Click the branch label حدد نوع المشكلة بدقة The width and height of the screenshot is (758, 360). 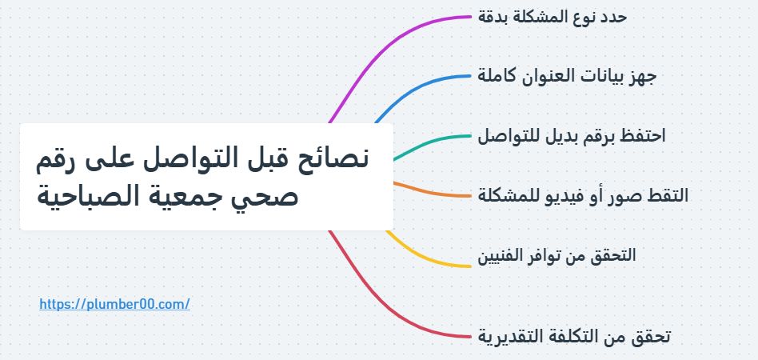click(x=552, y=17)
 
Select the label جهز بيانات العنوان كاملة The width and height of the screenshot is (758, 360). click(x=567, y=77)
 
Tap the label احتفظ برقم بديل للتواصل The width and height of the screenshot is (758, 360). click(x=572, y=136)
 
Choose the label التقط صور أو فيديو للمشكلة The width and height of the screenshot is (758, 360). click(x=583, y=195)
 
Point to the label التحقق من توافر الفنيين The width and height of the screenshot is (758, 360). click(x=557, y=255)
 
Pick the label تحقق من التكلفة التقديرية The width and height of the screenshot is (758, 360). click(x=574, y=336)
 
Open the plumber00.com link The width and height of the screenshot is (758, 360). click(x=114, y=304)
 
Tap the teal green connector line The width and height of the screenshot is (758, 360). click(x=430, y=143)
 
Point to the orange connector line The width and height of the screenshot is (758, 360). click(x=430, y=192)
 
